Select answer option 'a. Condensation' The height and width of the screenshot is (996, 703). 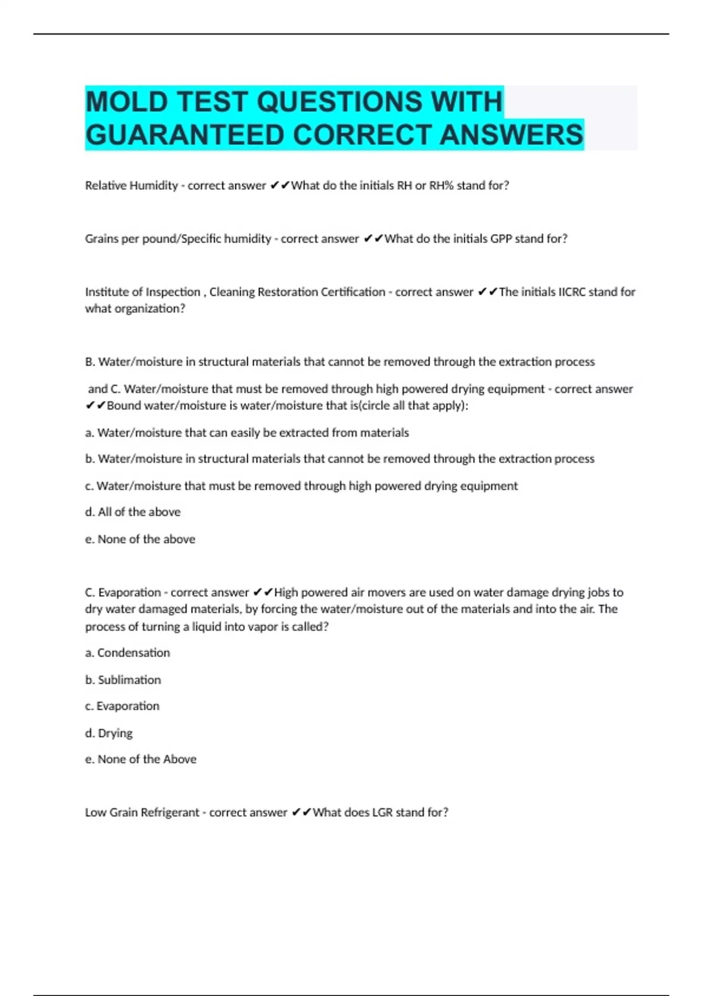[128, 653]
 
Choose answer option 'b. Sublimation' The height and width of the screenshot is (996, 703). [123, 680]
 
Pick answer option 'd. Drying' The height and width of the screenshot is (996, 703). [109, 733]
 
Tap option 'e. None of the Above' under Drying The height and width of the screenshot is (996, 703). [141, 759]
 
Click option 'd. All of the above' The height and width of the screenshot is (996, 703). [133, 512]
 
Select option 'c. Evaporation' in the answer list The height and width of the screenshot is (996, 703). [122, 706]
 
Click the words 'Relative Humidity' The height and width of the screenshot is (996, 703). [131, 186]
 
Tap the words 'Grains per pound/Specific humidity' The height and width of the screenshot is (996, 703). [178, 239]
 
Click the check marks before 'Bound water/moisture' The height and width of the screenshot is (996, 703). [95, 405]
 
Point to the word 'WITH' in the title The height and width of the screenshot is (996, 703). [466, 102]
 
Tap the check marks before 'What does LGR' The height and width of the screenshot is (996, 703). [301, 813]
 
